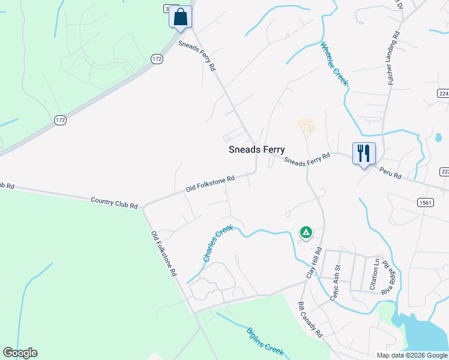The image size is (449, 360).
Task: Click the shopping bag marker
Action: (x=180, y=17)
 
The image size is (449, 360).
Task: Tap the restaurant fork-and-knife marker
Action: (x=364, y=153)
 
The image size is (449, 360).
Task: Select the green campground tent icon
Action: (x=306, y=232)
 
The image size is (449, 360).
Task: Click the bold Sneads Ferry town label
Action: (x=257, y=150)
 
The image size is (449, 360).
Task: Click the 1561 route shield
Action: (x=426, y=203)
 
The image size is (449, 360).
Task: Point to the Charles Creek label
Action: (x=217, y=243)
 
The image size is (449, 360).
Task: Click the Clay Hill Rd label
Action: (x=315, y=262)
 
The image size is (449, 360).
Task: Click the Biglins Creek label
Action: (x=265, y=341)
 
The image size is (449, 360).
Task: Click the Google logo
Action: (x=20, y=353)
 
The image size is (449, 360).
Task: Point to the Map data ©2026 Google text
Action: (x=412, y=355)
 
